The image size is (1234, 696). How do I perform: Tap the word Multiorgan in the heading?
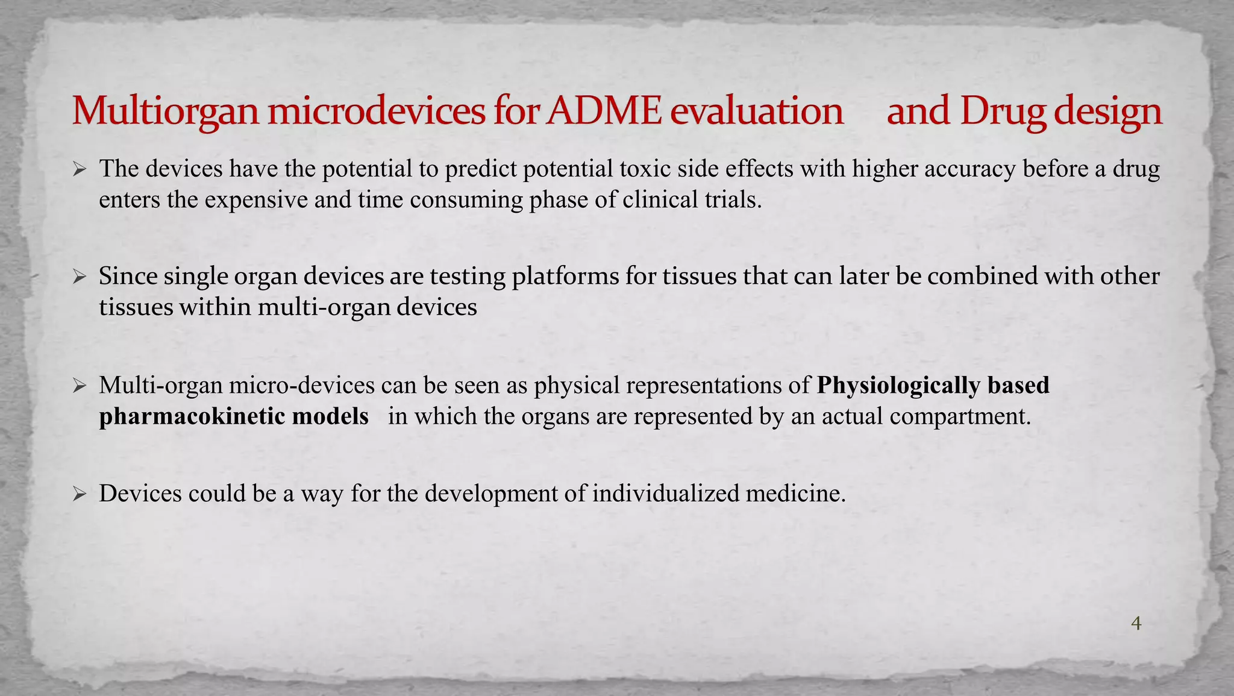[165, 112]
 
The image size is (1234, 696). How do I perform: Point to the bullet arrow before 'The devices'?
[80, 169]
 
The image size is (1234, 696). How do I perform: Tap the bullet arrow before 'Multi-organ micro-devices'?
[80, 386]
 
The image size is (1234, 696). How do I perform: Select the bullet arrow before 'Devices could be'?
[80, 494]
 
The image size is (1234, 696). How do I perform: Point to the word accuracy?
[969, 169]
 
